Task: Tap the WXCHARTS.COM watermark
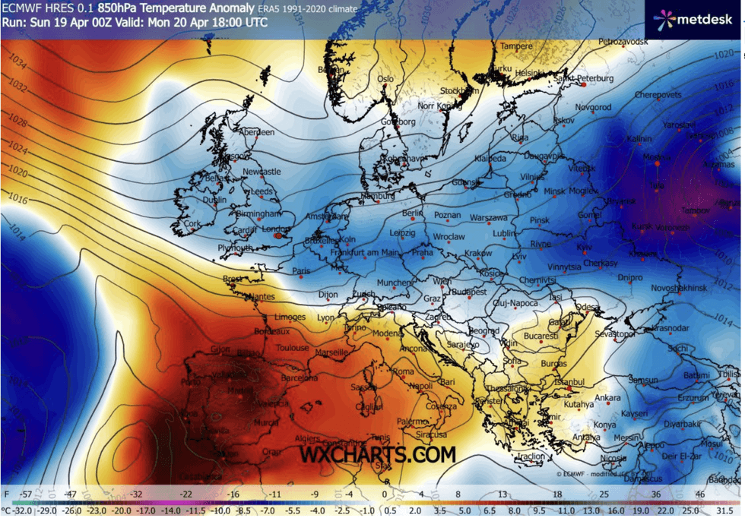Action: coord(378,454)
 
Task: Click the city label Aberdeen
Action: coord(256,132)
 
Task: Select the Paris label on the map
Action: coord(303,270)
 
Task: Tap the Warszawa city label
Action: coord(488,217)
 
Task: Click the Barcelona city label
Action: coord(299,377)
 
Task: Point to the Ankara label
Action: coord(607,398)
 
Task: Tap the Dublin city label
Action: coord(214,201)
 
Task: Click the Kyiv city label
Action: coord(584,248)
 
